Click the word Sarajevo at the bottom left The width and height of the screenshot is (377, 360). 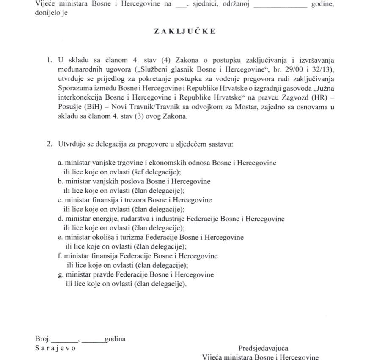[55, 348]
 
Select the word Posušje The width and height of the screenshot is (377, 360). [71, 107]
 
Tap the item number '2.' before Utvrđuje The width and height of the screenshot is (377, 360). [50, 144]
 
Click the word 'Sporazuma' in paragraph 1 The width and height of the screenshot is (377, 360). [73, 88]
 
